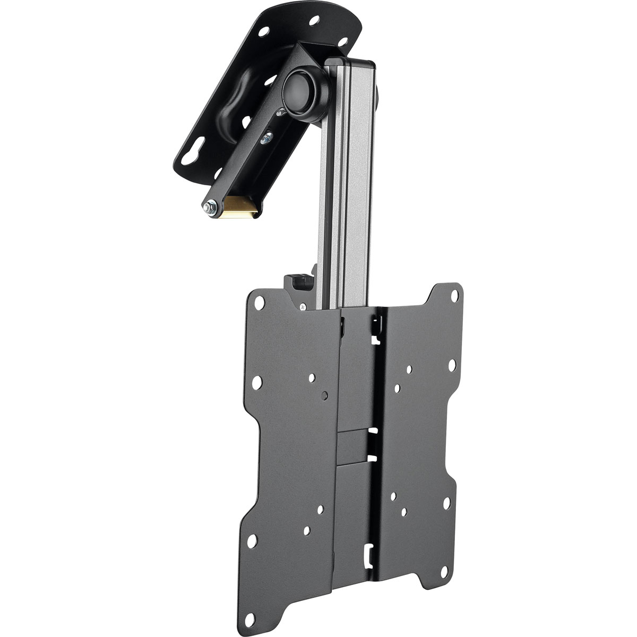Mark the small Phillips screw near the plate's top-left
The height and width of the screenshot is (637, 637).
(302, 306)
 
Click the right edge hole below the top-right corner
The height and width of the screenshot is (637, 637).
(452, 366)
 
